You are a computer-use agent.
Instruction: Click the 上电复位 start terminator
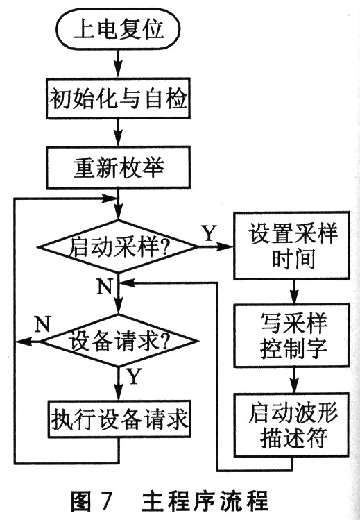point(118,29)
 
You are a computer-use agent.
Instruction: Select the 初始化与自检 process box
point(118,99)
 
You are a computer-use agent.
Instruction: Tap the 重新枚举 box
point(118,168)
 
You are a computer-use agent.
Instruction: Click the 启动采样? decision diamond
point(118,246)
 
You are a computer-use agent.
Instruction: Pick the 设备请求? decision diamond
point(118,341)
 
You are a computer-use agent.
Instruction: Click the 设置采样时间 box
point(292,245)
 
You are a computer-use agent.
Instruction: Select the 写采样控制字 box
point(292,335)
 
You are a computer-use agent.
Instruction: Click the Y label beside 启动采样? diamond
point(209,233)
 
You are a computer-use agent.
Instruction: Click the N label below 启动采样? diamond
point(105,286)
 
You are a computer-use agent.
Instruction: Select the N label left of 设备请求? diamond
point(42,324)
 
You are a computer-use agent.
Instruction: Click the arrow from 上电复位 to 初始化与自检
point(118,64)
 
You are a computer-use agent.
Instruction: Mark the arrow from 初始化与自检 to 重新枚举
point(118,133)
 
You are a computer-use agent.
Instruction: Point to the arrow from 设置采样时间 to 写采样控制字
point(293,292)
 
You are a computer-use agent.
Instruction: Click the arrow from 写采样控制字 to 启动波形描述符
point(293,380)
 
